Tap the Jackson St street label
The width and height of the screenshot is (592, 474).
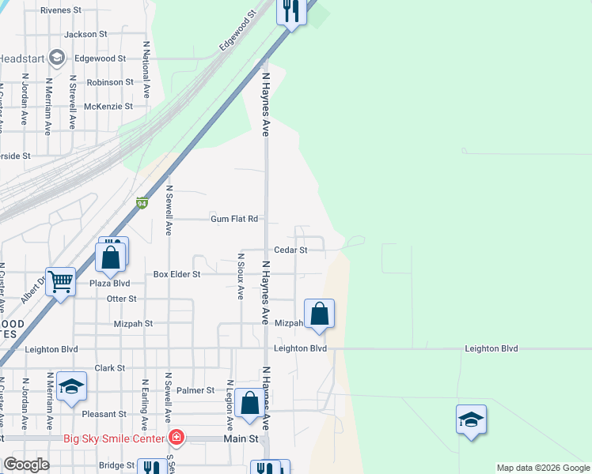pos(85,35)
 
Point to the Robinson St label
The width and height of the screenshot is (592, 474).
pos(110,82)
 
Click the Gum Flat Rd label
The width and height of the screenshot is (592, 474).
pos(234,219)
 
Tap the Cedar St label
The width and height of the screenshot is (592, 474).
pos(290,250)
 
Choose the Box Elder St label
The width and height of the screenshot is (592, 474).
pos(177,274)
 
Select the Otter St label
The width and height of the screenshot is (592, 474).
pos(122,299)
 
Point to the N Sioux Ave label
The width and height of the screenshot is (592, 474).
pos(241,276)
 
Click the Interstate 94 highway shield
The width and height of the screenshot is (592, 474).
pos(142,204)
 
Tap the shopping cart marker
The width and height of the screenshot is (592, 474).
pos(61,280)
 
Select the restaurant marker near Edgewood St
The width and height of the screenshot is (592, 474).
pos(291,11)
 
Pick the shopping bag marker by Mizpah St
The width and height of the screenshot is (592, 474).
pos(319,314)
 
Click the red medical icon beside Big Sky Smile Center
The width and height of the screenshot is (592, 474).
pos(176,438)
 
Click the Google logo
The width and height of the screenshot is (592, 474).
pos(26,465)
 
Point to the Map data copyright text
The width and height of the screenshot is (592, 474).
pos(543,468)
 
